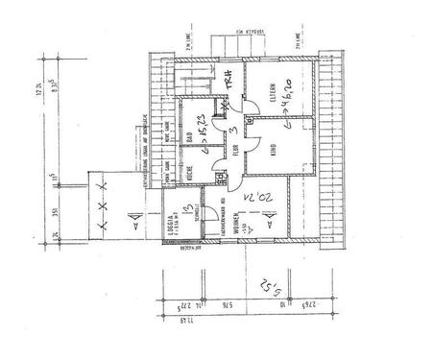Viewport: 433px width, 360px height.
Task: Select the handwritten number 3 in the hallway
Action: click(x=220, y=132)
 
